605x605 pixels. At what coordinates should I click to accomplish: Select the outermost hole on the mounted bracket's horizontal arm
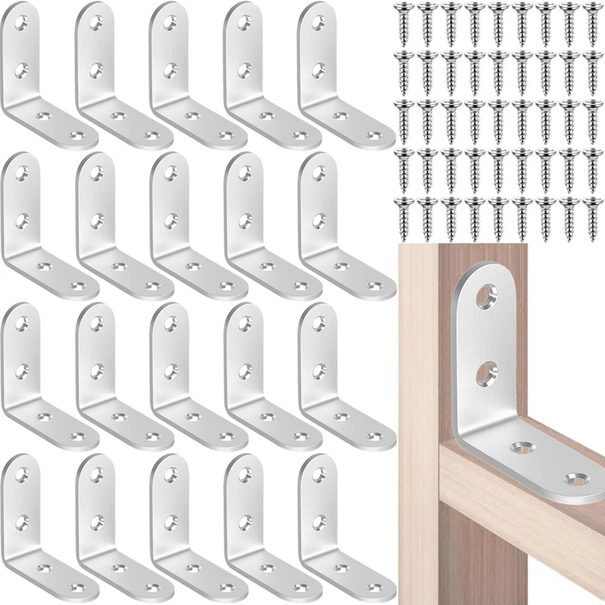coord(576,478)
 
